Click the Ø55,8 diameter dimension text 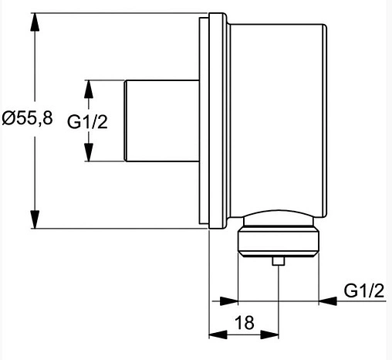pyautogui.click(x=28, y=120)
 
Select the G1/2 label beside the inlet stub pyautogui.click(x=86, y=121)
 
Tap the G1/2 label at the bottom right pyautogui.click(x=363, y=290)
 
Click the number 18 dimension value pyautogui.click(x=245, y=323)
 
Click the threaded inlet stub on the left pyautogui.click(x=162, y=121)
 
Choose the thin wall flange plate pyautogui.click(x=204, y=120)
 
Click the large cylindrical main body pyautogui.click(x=278, y=116)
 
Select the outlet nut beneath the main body pyautogui.click(x=278, y=241)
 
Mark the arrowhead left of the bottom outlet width pyautogui.click(x=228, y=301)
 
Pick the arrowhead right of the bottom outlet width pyautogui.click(x=328, y=301)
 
